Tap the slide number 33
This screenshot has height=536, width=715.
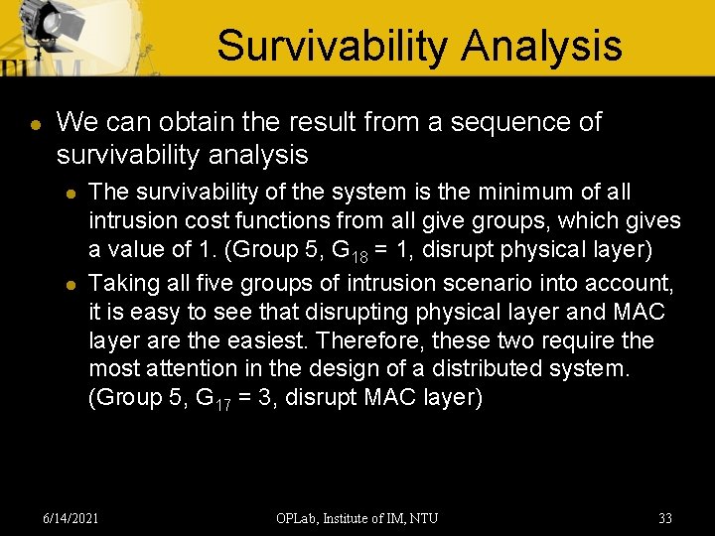(664, 518)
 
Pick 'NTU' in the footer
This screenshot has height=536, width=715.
(422, 518)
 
